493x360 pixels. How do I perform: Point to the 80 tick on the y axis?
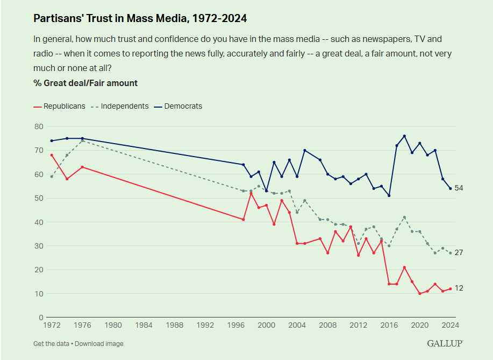(38, 126)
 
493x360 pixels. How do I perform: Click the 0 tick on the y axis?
(40, 317)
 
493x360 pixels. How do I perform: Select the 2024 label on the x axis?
(451, 326)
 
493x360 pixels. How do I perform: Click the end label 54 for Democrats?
(459, 188)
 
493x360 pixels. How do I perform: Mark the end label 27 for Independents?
(459, 253)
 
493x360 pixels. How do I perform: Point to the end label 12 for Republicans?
(459, 288)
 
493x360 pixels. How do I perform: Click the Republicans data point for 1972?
(52, 155)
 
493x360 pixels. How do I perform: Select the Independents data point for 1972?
(52, 177)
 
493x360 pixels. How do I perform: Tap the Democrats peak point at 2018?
(404, 136)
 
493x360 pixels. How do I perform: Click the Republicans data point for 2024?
(451, 289)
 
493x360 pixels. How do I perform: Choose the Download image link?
(99, 344)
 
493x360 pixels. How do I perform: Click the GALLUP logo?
(445, 343)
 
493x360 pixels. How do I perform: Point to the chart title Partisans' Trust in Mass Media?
(140, 18)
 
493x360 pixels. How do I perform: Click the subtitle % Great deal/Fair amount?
(85, 83)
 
